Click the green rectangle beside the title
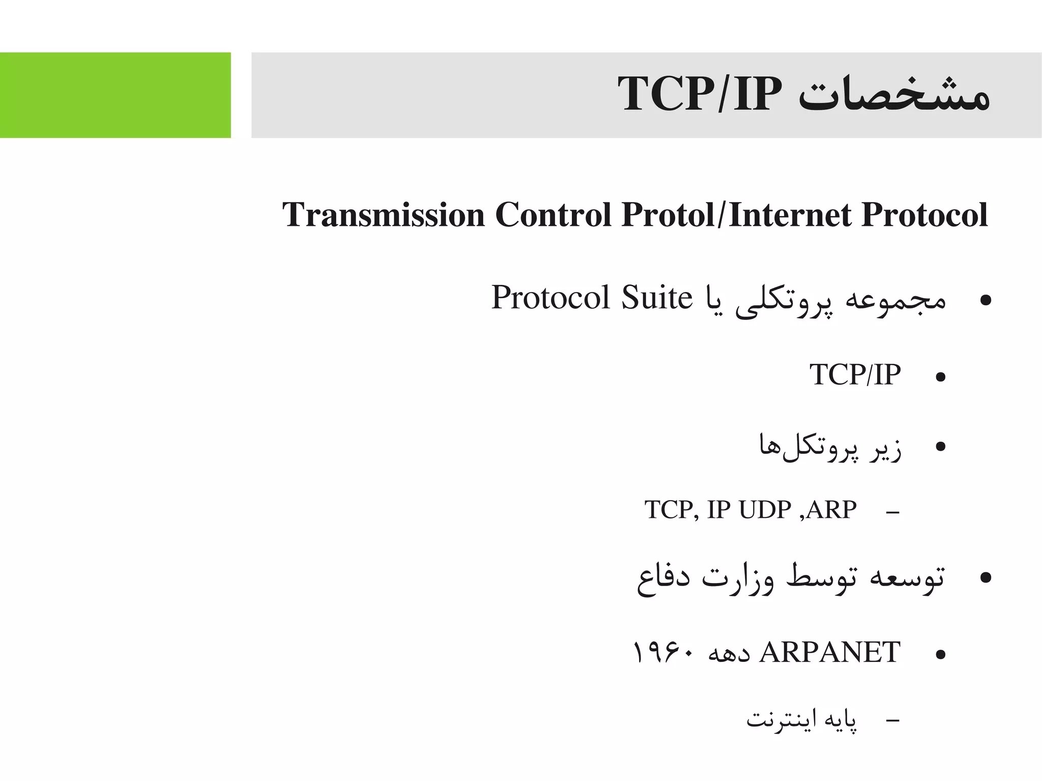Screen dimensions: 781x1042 click(x=115, y=95)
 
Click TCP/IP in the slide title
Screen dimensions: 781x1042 click(x=699, y=95)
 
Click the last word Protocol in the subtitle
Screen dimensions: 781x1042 click(x=924, y=215)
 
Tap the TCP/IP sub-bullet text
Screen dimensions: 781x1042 click(x=855, y=375)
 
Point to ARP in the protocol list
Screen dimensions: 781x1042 click(x=831, y=510)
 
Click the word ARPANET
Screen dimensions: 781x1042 click(x=830, y=653)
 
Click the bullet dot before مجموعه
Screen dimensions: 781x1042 click(x=986, y=300)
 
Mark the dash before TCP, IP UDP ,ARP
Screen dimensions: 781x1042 click(x=892, y=511)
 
